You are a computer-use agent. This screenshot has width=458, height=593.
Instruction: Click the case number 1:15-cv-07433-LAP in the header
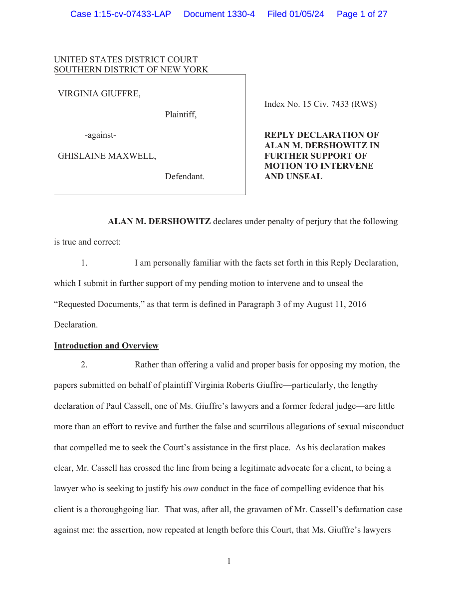click(x=120, y=14)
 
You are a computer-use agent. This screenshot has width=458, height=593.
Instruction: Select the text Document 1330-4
click(x=219, y=14)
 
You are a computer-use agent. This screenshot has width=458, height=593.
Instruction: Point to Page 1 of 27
click(x=362, y=14)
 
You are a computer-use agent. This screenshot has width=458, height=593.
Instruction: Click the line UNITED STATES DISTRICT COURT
click(x=126, y=59)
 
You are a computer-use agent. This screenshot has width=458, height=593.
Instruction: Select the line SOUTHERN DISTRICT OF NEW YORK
click(x=131, y=70)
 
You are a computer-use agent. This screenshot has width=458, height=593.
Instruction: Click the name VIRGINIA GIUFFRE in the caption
click(x=99, y=93)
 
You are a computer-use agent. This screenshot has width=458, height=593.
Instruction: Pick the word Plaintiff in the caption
click(x=181, y=114)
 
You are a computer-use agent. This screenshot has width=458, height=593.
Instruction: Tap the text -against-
click(x=100, y=135)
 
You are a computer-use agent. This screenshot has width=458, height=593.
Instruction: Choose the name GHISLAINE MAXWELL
click(x=107, y=156)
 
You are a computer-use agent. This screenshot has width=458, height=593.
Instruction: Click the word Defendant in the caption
click(x=185, y=176)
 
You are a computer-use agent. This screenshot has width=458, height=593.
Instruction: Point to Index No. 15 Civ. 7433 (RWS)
click(x=320, y=104)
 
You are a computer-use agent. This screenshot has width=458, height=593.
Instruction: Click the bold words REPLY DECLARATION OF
click(x=321, y=135)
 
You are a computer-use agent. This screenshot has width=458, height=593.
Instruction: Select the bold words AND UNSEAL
click(x=293, y=176)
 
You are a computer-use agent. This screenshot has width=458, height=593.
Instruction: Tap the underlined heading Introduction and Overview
click(x=106, y=345)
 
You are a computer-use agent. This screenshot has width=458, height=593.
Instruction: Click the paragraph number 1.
click(x=84, y=263)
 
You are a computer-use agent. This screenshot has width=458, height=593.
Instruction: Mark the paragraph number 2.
click(x=84, y=364)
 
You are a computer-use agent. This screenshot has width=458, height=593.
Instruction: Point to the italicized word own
click(x=191, y=489)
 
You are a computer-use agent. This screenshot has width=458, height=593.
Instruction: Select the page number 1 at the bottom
click(x=229, y=562)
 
